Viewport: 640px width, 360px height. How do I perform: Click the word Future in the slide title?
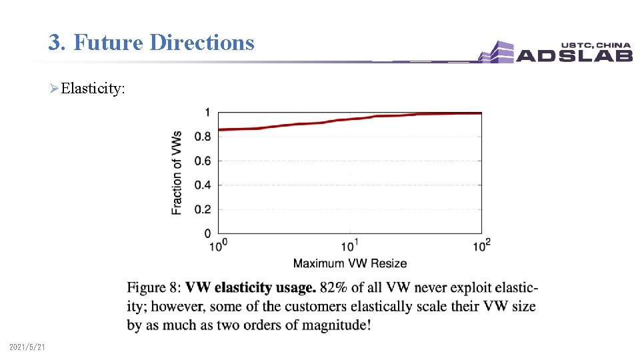click(x=109, y=43)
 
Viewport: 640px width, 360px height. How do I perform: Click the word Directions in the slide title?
click(x=202, y=43)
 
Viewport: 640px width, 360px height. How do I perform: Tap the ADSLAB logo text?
click(x=573, y=55)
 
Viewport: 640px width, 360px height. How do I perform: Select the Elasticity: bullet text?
click(x=93, y=89)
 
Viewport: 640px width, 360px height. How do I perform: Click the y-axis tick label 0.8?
click(x=203, y=137)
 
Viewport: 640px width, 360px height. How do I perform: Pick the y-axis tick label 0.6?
click(x=203, y=161)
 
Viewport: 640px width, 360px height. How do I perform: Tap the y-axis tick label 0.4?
click(x=203, y=185)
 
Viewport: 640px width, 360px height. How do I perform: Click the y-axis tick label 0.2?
click(x=203, y=209)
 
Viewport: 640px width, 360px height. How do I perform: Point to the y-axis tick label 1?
click(x=207, y=113)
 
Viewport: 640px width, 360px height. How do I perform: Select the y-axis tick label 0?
click(x=207, y=233)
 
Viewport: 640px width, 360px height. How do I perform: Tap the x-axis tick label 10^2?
click(x=482, y=246)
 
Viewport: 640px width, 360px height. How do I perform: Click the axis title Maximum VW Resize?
click(x=350, y=263)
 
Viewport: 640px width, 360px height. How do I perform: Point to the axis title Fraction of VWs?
click(x=177, y=172)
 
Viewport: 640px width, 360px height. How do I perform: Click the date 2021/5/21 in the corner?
click(x=27, y=347)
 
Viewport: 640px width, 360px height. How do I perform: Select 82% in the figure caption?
click(x=333, y=288)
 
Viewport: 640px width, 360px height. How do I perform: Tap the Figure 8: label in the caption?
click(x=154, y=288)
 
